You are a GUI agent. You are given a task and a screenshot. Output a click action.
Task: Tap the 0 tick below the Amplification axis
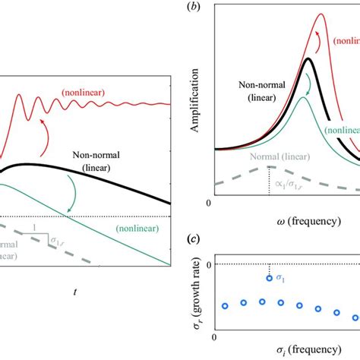pos(209,204)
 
